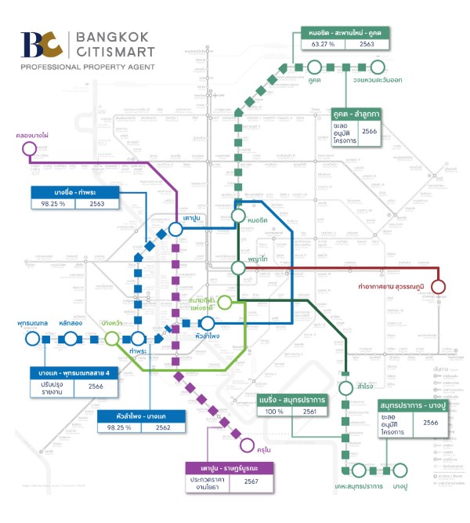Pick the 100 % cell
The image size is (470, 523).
point(274,412)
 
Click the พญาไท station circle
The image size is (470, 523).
point(239,267)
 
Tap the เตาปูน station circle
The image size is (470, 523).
point(175,229)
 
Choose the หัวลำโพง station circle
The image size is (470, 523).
point(208,323)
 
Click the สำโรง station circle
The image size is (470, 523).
point(345,387)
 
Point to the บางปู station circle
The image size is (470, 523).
point(400,470)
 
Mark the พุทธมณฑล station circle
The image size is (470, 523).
point(32,338)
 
